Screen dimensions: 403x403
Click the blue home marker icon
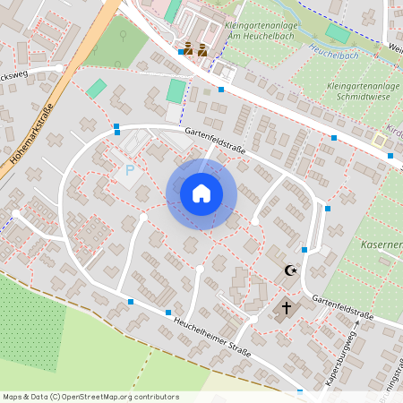201,193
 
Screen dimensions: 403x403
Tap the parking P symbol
130,170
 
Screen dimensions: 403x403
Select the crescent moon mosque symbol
288,270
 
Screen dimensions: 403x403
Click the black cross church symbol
287,309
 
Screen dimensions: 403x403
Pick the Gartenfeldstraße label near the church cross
343,305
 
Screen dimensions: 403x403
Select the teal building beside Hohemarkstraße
96,89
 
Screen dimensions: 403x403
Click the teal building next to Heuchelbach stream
338,34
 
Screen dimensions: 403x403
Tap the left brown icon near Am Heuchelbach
189,50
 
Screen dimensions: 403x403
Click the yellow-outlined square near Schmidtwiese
380,141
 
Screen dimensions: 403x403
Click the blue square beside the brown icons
181,52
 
